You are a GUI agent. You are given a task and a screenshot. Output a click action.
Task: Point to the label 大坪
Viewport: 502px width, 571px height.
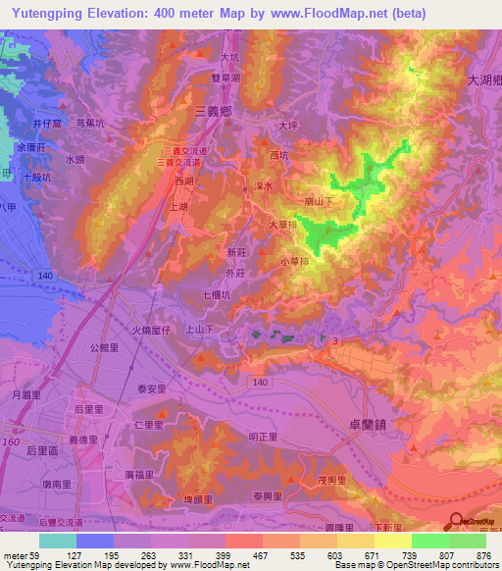(x=287, y=126)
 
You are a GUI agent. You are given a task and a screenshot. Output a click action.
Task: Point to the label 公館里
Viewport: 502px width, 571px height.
(x=104, y=348)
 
